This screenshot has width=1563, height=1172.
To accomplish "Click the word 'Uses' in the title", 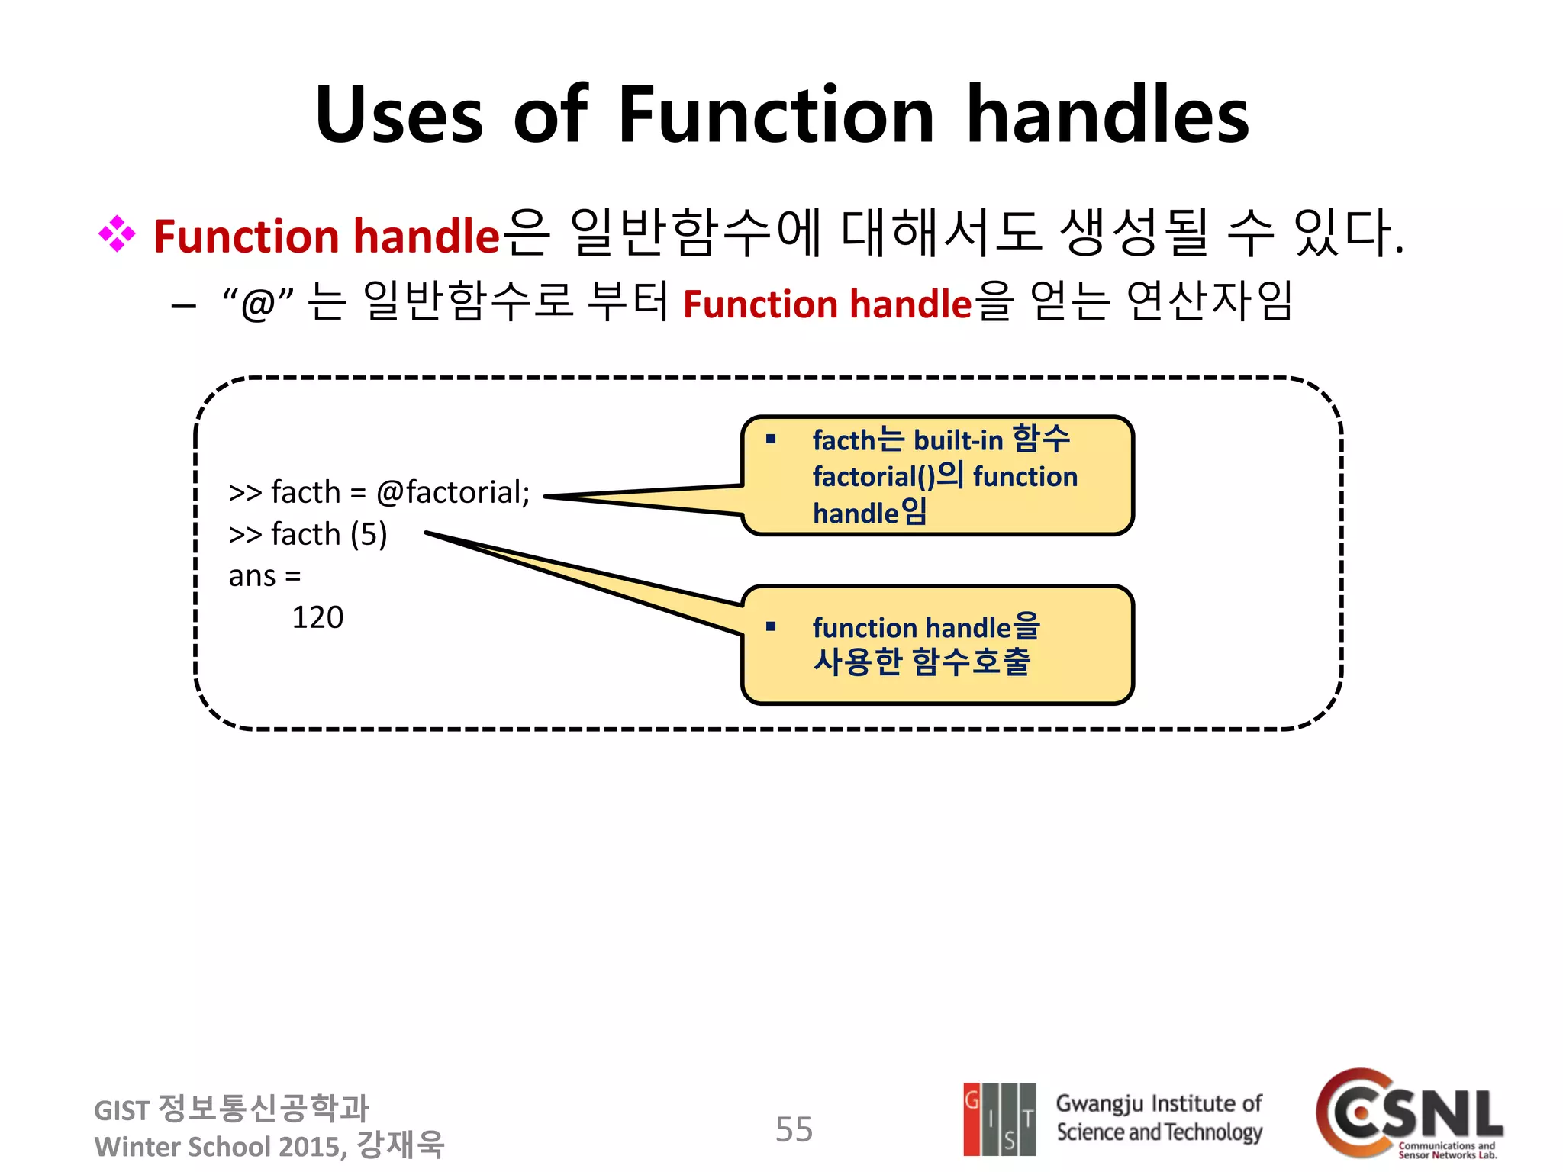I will tap(399, 116).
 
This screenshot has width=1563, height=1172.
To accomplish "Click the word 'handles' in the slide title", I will tap(1107, 116).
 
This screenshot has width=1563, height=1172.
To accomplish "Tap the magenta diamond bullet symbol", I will tap(117, 234).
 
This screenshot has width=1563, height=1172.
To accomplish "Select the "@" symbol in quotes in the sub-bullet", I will tap(258, 304).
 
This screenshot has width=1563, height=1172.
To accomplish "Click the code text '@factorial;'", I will tap(453, 492).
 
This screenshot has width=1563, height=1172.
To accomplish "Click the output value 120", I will tap(317, 617).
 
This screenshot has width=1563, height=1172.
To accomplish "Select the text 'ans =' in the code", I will tap(265, 576).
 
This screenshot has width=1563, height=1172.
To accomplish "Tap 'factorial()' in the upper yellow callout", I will tap(873, 477).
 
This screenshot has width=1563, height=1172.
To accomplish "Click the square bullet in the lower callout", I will tap(771, 627).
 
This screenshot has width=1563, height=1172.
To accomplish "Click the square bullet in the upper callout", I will tap(771, 439).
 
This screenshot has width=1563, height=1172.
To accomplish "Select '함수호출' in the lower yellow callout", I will tap(971, 662).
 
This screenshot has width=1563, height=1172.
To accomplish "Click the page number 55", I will tap(794, 1129).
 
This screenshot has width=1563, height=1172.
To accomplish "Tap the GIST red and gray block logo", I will tap(999, 1119).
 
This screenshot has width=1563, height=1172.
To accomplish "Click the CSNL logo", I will tap(1409, 1114).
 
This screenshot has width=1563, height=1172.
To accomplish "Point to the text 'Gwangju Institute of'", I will tap(1159, 1103).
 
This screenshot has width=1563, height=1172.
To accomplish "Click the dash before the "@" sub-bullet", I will tap(184, 307).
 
